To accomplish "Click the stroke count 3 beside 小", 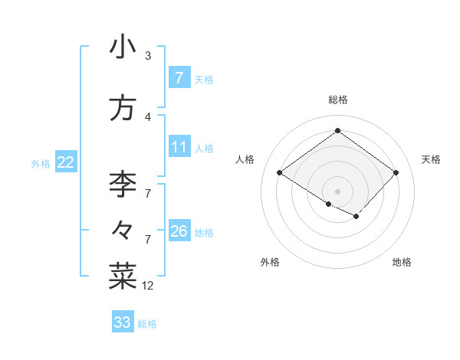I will click(x=148, y=56).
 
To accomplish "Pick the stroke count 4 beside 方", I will click(x=148, y=117).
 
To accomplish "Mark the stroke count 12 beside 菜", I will click(x=148, y=286).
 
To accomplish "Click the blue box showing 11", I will click(x=179, y=148).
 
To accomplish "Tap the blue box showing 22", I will click(x=65, y=162).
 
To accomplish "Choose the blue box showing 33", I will click(x=123, y=322).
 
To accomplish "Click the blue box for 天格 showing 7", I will click(x=179, y=78).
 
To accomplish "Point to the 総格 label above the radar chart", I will click(x=338, y=100).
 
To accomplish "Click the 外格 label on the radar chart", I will click(x=270, y=263).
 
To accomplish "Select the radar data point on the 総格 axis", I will click(x=337, y=131).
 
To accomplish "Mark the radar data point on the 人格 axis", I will click(x=280, y=173).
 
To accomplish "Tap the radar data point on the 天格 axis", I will click(x=396, y=173).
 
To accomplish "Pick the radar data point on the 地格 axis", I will click(x=356, y=217).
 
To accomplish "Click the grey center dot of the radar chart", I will click(x=337, y=191).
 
